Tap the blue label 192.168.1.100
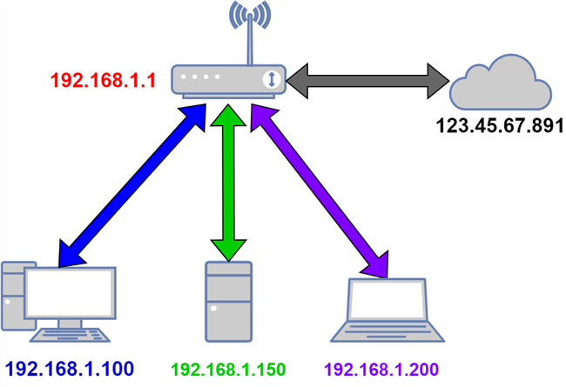[x=70, y=369]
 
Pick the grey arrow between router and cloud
[x=367, y=80]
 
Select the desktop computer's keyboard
[x=71, y=335]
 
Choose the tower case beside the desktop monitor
[x=14, y=295]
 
